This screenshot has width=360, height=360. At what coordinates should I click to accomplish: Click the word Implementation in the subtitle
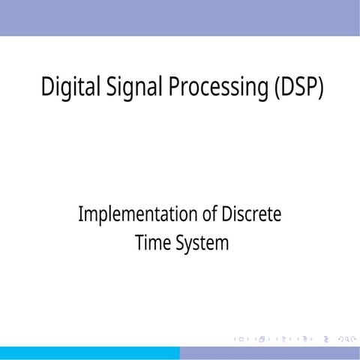pos(138,214)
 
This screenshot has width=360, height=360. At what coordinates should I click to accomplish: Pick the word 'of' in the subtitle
pos(211,214)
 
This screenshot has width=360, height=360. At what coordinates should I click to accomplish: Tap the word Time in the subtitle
pos(152,244)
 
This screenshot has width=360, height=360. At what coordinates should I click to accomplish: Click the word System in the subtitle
pos(202,244)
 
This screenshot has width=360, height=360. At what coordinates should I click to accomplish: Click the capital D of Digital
pos(47,87)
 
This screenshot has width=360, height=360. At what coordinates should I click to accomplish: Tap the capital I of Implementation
pos(80,214)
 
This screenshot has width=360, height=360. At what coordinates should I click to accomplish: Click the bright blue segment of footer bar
pos(90,353)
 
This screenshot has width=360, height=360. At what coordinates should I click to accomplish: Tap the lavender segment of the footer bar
pos(270,353)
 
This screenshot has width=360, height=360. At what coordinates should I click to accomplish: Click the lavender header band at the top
pos(180,17)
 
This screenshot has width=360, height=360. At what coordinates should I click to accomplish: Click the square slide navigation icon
pos(241,340)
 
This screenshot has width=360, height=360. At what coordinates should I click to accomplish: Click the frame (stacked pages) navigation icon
pos(262,340)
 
